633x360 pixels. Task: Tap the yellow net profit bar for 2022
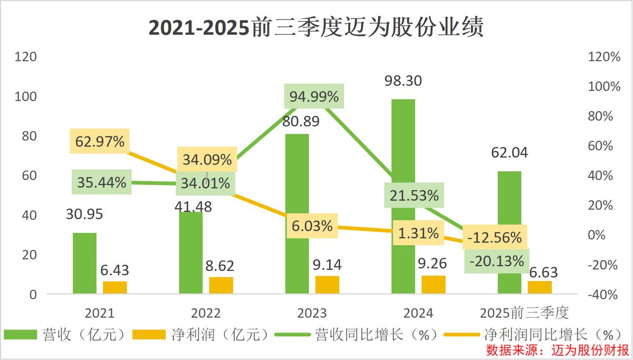pyautogui.click(x=221, y=285)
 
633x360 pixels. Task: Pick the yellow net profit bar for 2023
pyautogui.click(x=328, y=285)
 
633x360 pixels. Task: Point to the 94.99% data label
pyautogui.click(x=314, y=96)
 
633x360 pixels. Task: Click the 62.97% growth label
pyautogui.click(x=100, y=141)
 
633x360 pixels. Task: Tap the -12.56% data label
pyautogui.click(x=495, y=237)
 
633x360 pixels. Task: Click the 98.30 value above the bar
pyautogui.click(x=404, y=81)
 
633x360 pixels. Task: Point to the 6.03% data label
pyautogui.click(x=313, y=226)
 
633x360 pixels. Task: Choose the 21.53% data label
pyautogui.click(x=414, y=196)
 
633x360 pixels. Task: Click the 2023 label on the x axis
pyautogui.click(x=312, y=313)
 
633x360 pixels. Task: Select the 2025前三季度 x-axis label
pyautogui.click(x=524, y=313)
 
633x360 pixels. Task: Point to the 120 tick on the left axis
pyautogui.click(x=25, y=57)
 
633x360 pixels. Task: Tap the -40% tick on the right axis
pyautogui.click(x=603, y=294)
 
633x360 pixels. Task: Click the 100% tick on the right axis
pyautogui.click(x=603, y=86)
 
